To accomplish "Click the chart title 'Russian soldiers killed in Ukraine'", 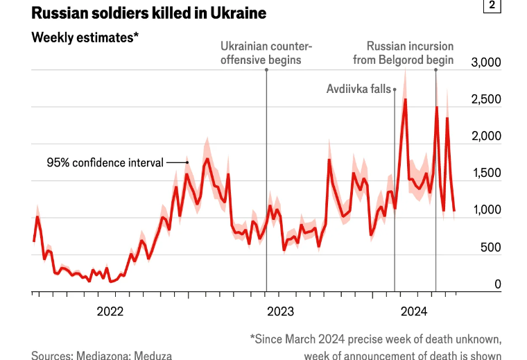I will (x=139, y=13).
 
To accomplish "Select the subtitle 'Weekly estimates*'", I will (x=85, y=37).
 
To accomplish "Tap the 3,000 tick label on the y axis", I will (x=485, y=63).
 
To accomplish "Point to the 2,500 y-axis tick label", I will (x=485, y=100).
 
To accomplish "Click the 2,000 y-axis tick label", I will (x=485, y=137).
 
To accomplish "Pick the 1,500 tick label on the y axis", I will (x=485, y=173).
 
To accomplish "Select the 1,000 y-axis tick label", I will (x=485, y=210).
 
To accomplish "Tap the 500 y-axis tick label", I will (x=490, y=247).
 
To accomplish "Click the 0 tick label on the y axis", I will (x=497, y=284).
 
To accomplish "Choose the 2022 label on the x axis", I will (x=110, y=311).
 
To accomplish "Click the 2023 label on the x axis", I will (x=280, y=311).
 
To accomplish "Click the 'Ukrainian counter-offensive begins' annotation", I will (x=266, y=53).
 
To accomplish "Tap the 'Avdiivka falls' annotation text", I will (x=358, y=89).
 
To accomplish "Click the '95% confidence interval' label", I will (x=105, y=163).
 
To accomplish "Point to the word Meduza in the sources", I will (x=152, y=355).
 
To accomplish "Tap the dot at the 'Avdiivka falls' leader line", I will (x=395, y=89).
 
